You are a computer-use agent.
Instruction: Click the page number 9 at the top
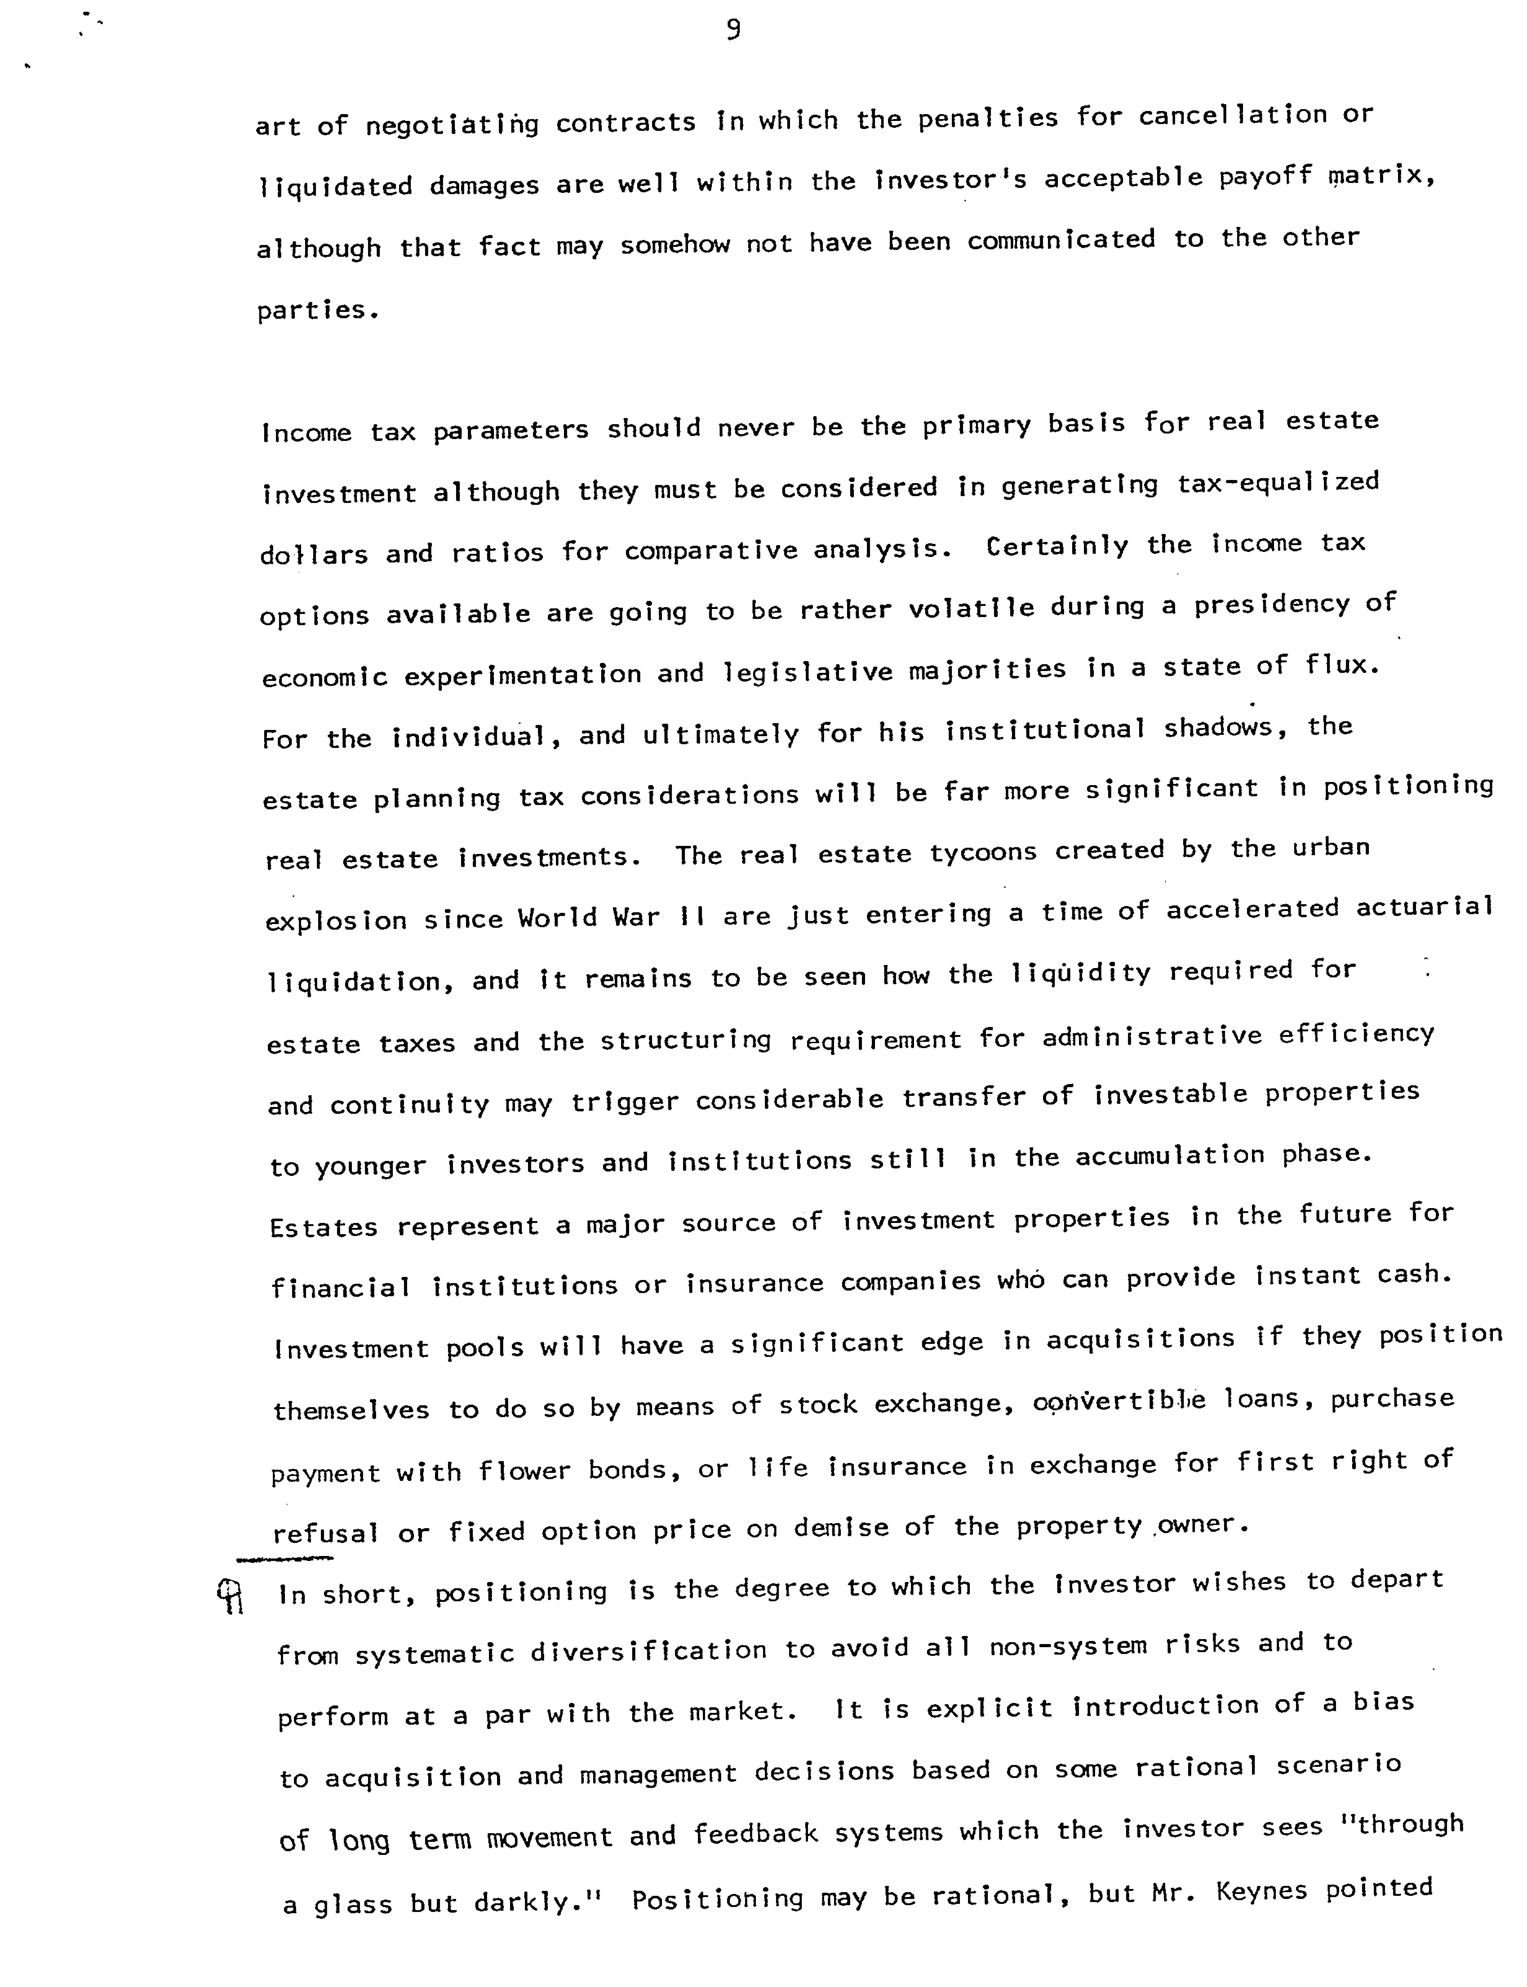tap(734, 31)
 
